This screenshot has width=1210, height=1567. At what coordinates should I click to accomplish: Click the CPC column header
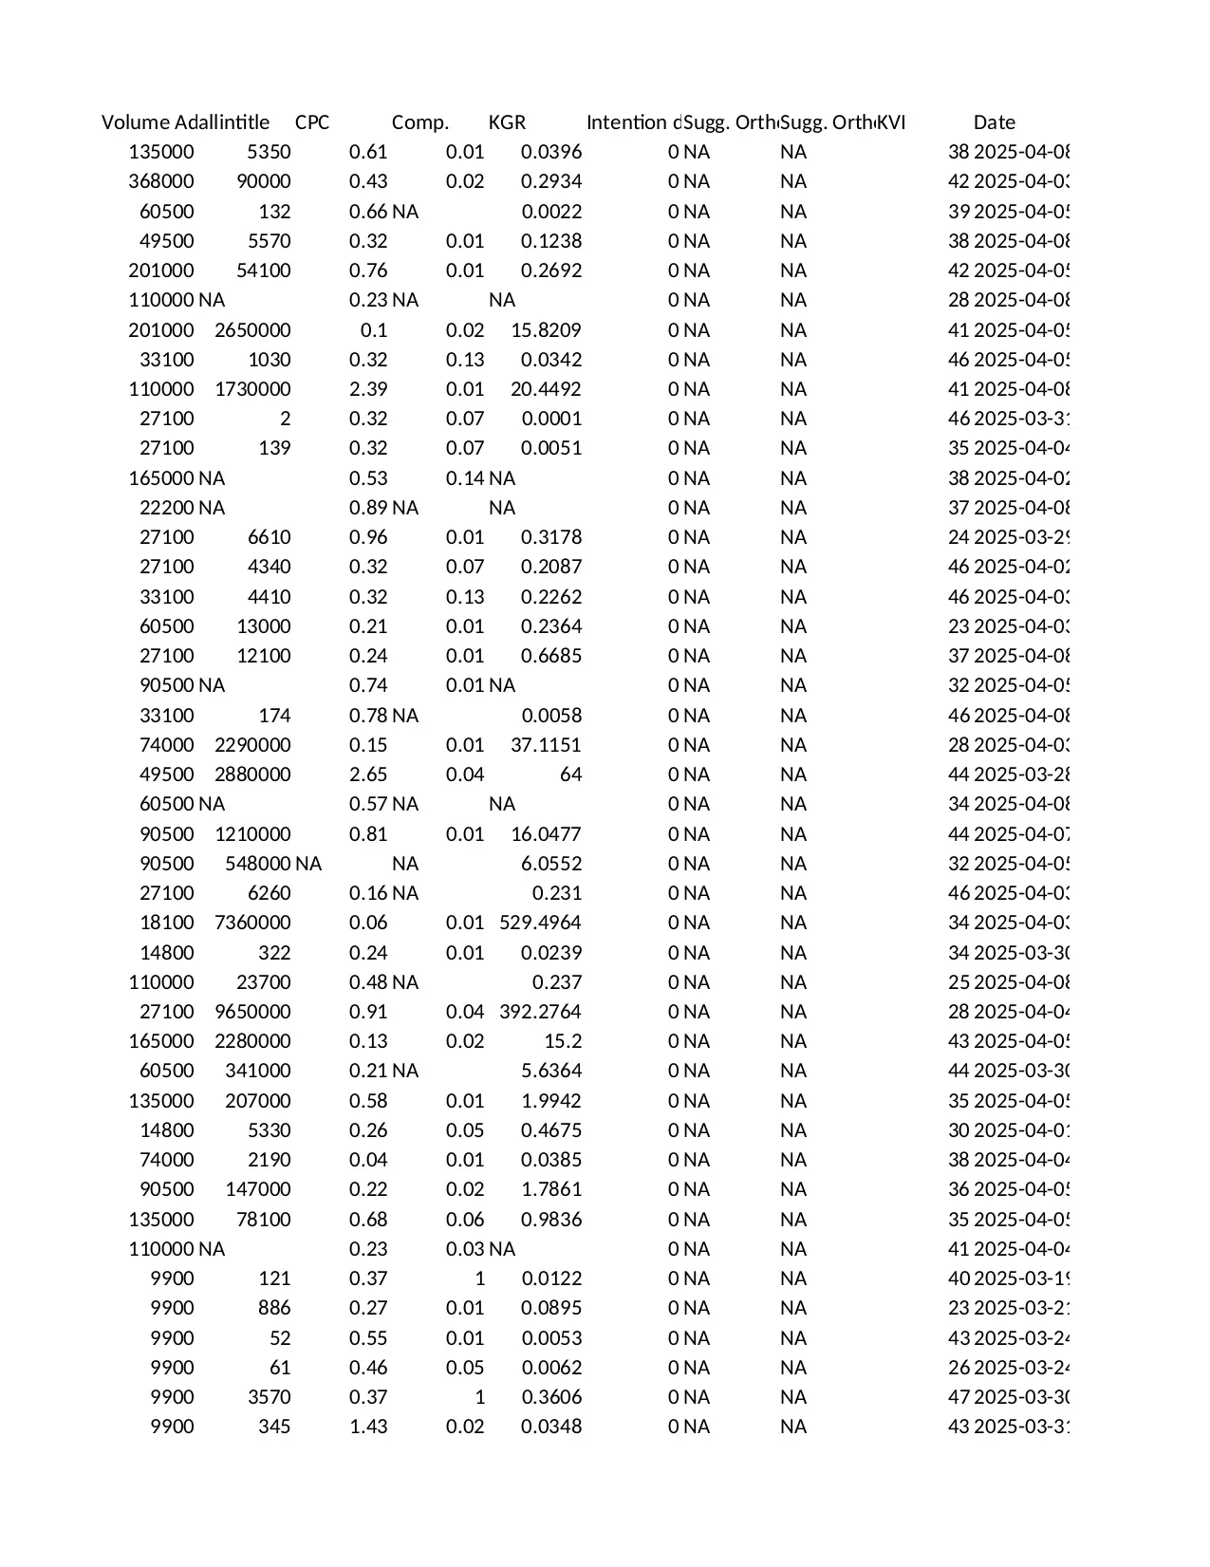[312, 122]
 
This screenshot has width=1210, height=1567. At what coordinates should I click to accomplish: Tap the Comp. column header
[419, 122]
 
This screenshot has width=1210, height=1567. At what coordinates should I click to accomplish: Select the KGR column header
[507, 122]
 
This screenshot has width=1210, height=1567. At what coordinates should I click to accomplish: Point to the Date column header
[994, 122]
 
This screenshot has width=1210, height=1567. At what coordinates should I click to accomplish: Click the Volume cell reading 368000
[161, 181]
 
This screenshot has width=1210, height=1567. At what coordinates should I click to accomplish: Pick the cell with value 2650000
[252, 330]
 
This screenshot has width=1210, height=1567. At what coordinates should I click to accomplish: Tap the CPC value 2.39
[368, 389]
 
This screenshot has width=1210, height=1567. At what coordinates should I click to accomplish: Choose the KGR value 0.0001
[551, 419]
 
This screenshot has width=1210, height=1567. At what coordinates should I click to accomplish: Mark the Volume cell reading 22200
[167, 508]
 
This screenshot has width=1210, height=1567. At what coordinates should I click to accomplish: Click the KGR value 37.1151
[546, 745]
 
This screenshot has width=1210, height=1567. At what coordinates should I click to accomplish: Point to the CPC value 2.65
[368, 774]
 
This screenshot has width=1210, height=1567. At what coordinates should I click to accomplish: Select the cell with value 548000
[258, 864]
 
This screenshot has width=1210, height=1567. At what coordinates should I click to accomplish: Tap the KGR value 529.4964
[540, 923]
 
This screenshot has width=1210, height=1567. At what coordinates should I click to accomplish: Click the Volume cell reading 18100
[167, 923]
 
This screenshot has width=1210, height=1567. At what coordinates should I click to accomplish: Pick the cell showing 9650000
[252, 1012]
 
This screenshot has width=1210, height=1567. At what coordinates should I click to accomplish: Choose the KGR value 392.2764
[540, 1012]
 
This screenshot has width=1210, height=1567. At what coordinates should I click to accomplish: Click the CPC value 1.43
[368, 1427]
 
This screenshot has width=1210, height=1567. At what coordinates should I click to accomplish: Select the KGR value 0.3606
[551, 1397]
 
